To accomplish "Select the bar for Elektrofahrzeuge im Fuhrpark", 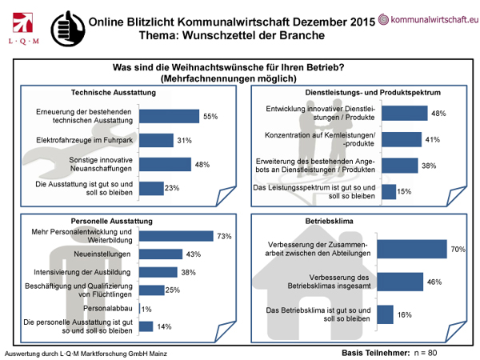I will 162,141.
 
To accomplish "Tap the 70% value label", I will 458,250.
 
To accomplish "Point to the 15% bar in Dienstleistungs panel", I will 387,190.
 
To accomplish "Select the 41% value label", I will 430,140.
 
